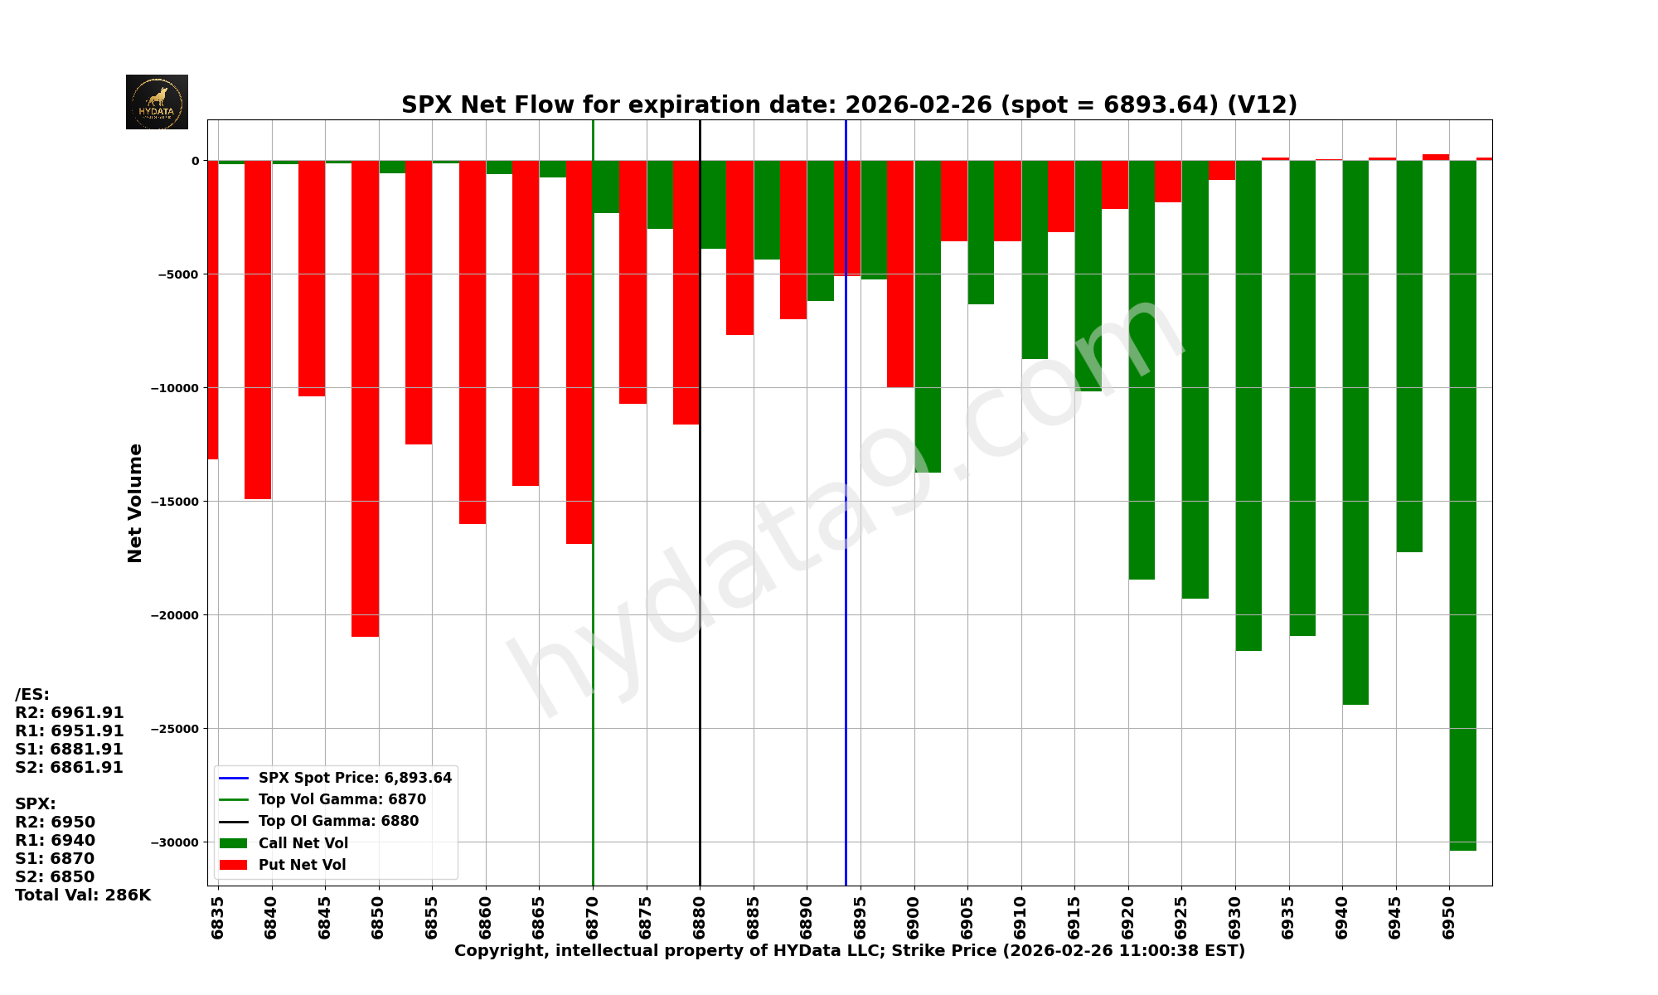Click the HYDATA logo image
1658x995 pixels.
tap(157, 102)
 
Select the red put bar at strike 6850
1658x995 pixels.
tap(365, 398)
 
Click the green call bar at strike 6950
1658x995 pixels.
tap(1462, 505)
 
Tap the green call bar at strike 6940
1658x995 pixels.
tap(1355, 432)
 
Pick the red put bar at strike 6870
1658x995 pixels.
tap(579, 352)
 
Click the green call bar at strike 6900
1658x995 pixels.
tap(928, 316)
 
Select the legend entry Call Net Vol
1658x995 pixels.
tap(303, 843)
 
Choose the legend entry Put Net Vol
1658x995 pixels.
tap(302, 865)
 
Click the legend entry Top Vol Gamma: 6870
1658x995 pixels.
tap(342, 799)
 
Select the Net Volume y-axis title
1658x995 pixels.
tap(135, 502)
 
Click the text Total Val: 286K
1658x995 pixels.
tap(83, 895)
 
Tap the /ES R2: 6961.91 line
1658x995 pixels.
tap(70, 712)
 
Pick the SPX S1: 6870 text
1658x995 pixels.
tap(55, 858)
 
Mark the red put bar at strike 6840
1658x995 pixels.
tap(258, 329)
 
